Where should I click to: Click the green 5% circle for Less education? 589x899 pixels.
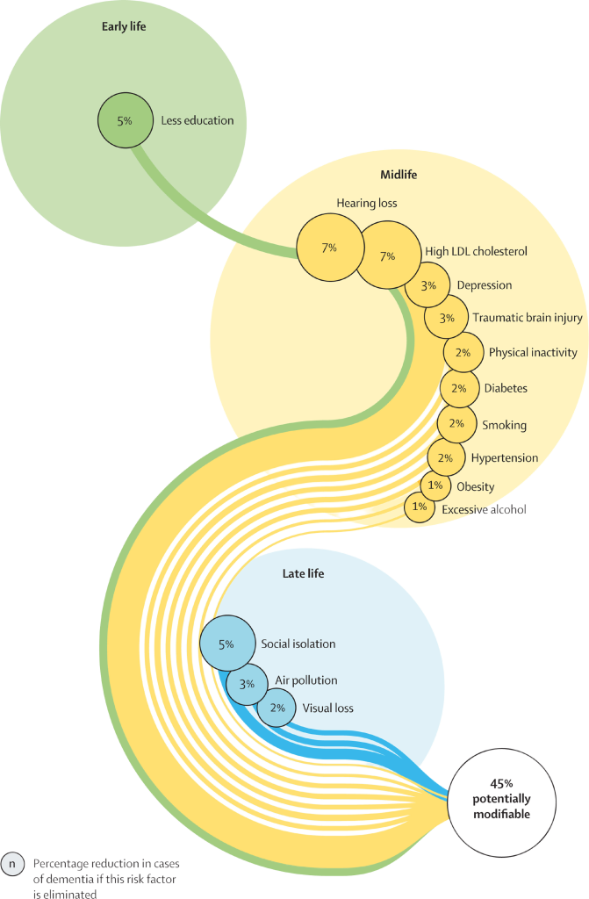(125, 120)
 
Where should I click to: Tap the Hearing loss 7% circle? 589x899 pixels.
(329, 248)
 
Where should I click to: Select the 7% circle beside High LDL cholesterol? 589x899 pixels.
(387, 256)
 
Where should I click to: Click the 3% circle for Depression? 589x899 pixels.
(428, 286)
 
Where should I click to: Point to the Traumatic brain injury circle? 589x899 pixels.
(447, 318)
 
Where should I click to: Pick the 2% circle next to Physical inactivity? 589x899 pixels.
(463, 353)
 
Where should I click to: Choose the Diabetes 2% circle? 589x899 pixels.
(459, 388)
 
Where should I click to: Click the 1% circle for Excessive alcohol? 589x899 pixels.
(420, 507)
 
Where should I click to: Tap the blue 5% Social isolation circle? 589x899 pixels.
(226, 644)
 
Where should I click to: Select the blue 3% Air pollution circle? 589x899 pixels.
(248, 682)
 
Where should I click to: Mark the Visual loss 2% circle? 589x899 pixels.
(277, 708)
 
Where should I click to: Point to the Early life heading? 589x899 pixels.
(123, 26)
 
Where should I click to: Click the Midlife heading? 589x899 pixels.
(399, 175)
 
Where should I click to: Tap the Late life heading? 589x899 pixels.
(303, 574)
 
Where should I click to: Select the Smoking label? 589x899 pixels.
(504, 425)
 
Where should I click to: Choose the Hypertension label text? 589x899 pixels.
(504, 457)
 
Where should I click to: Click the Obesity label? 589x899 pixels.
(475, 486)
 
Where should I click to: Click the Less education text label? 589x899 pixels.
(198, 120)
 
